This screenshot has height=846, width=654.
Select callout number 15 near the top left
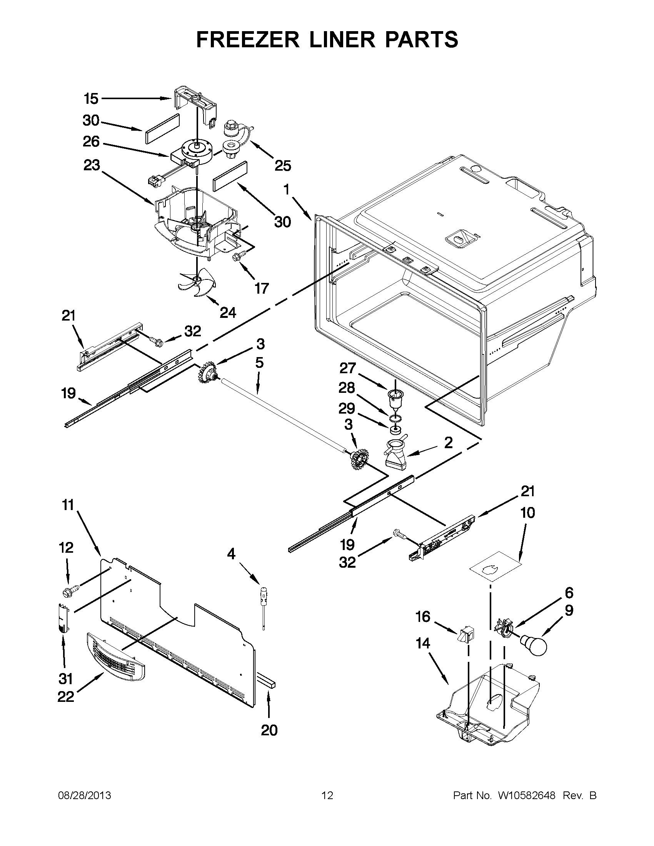click(91, 99)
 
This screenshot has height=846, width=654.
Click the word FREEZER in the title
click(248, 40)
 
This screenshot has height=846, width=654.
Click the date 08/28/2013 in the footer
click(84, 796)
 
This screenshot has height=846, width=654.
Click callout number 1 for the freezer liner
click(286, 190)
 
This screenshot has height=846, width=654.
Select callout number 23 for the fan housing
click(92, 165)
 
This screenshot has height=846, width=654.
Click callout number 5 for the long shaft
click(259, 363)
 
